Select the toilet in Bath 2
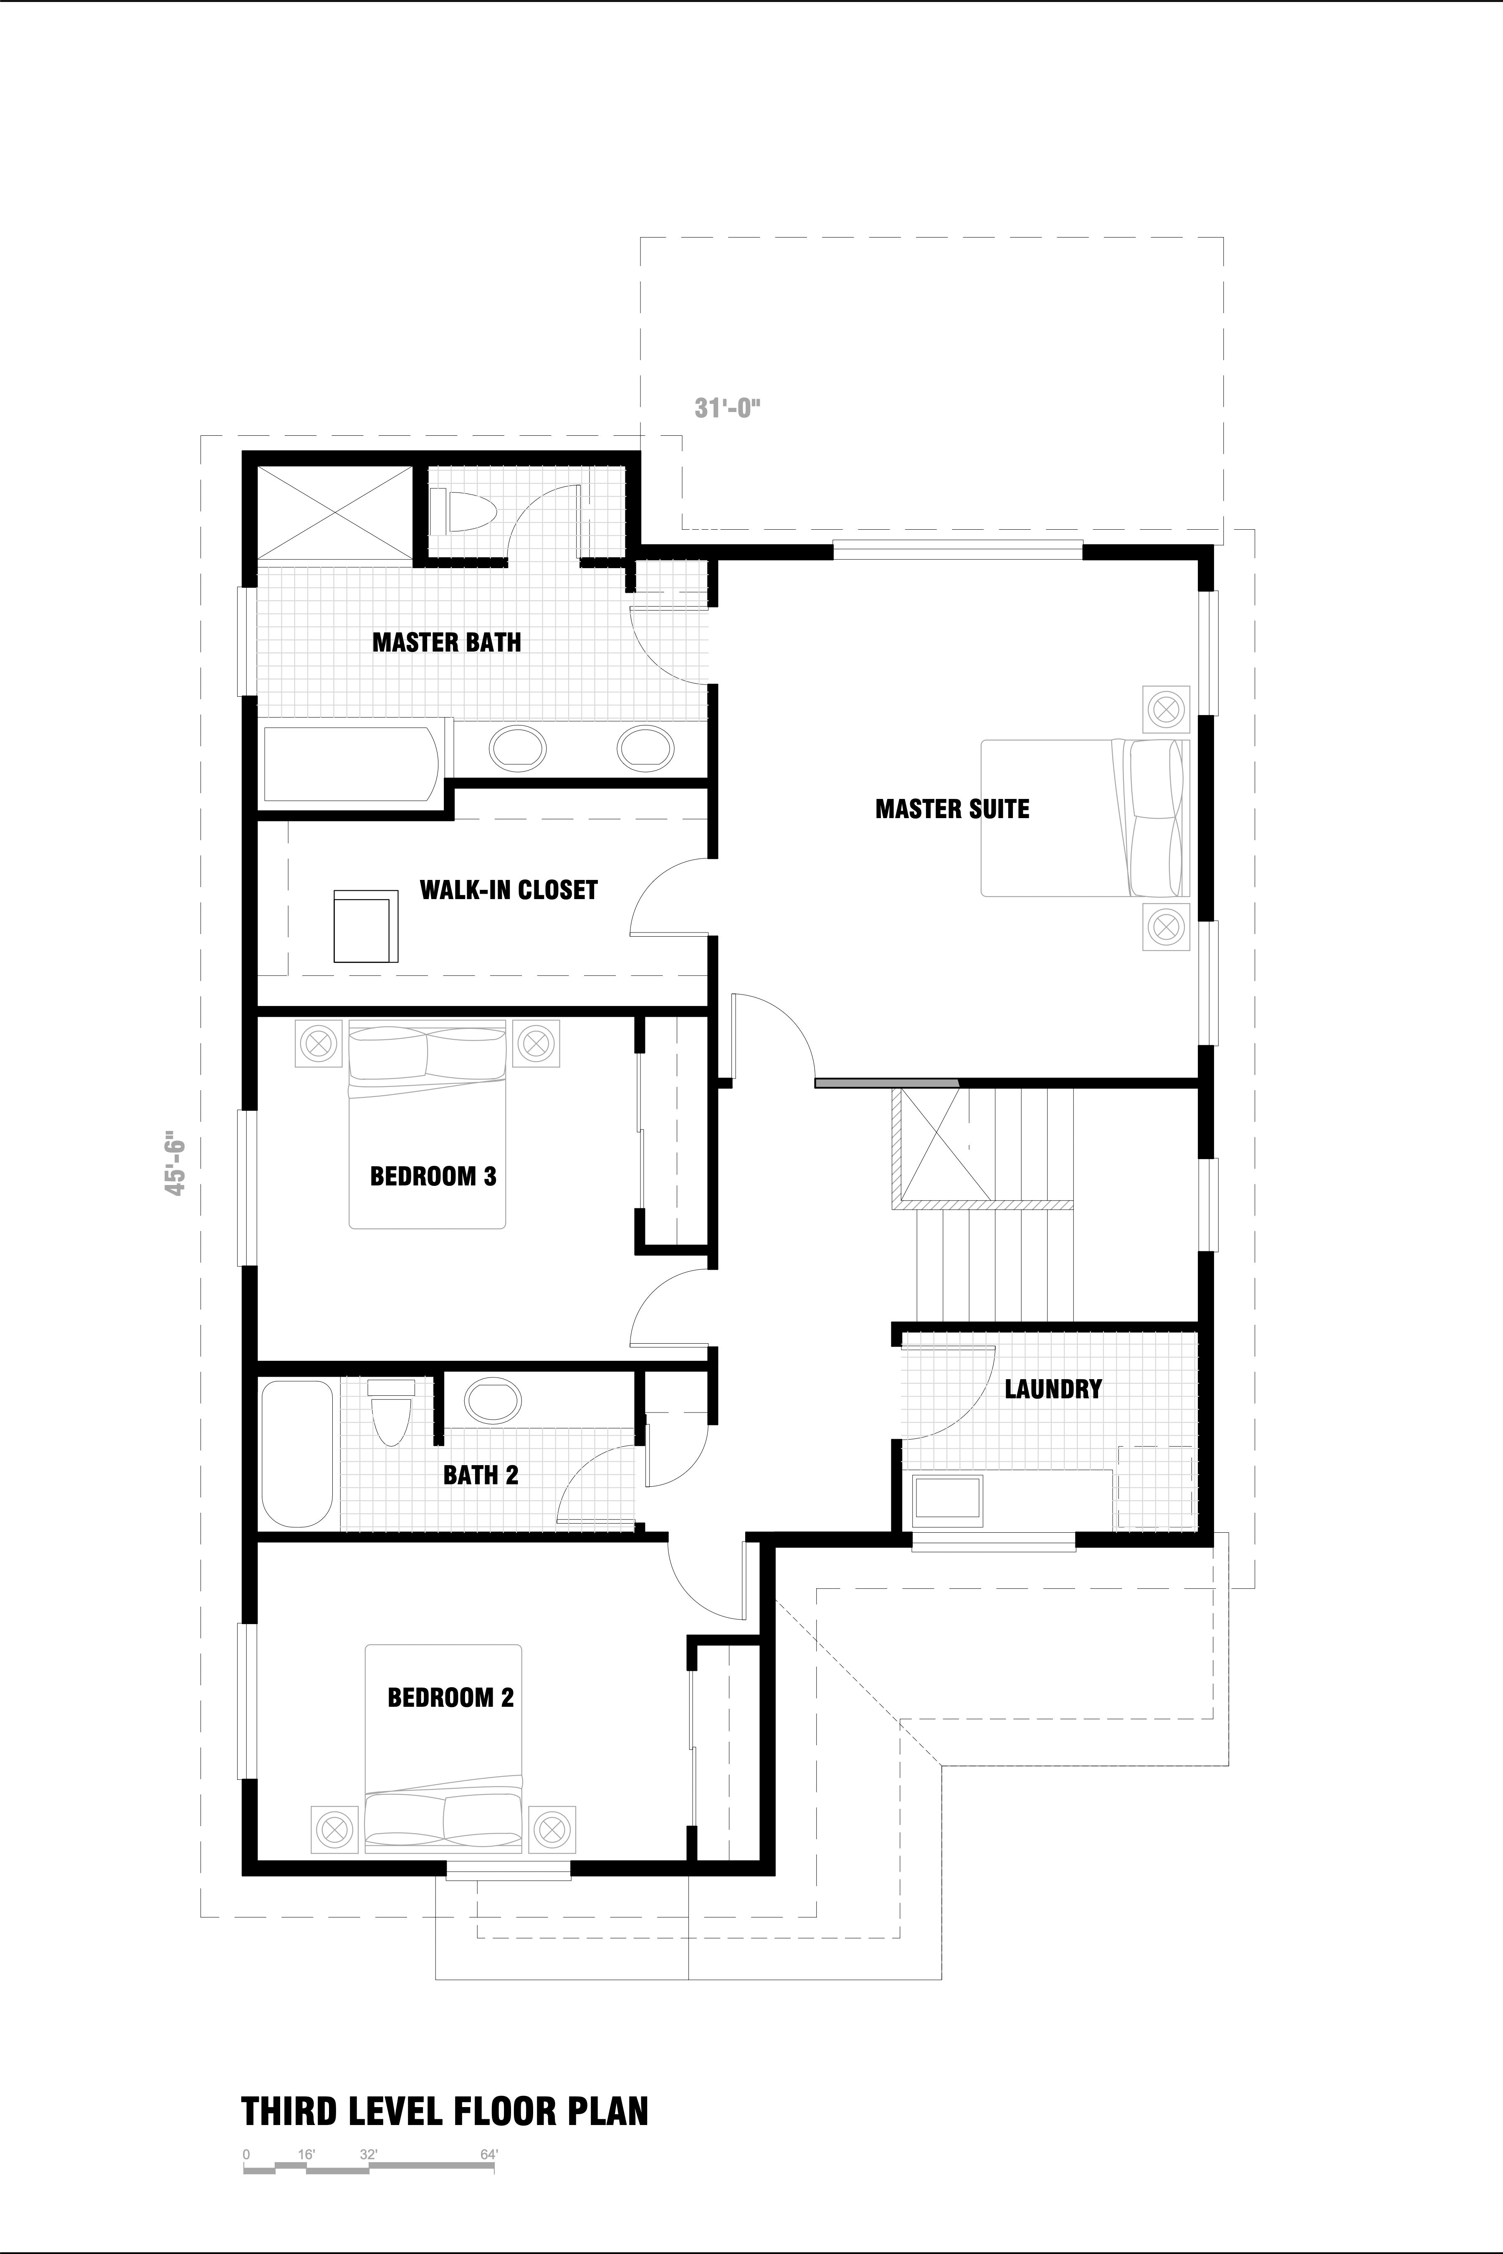click(x=391, y=1413)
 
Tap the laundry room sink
click(x=948, y=1500)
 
